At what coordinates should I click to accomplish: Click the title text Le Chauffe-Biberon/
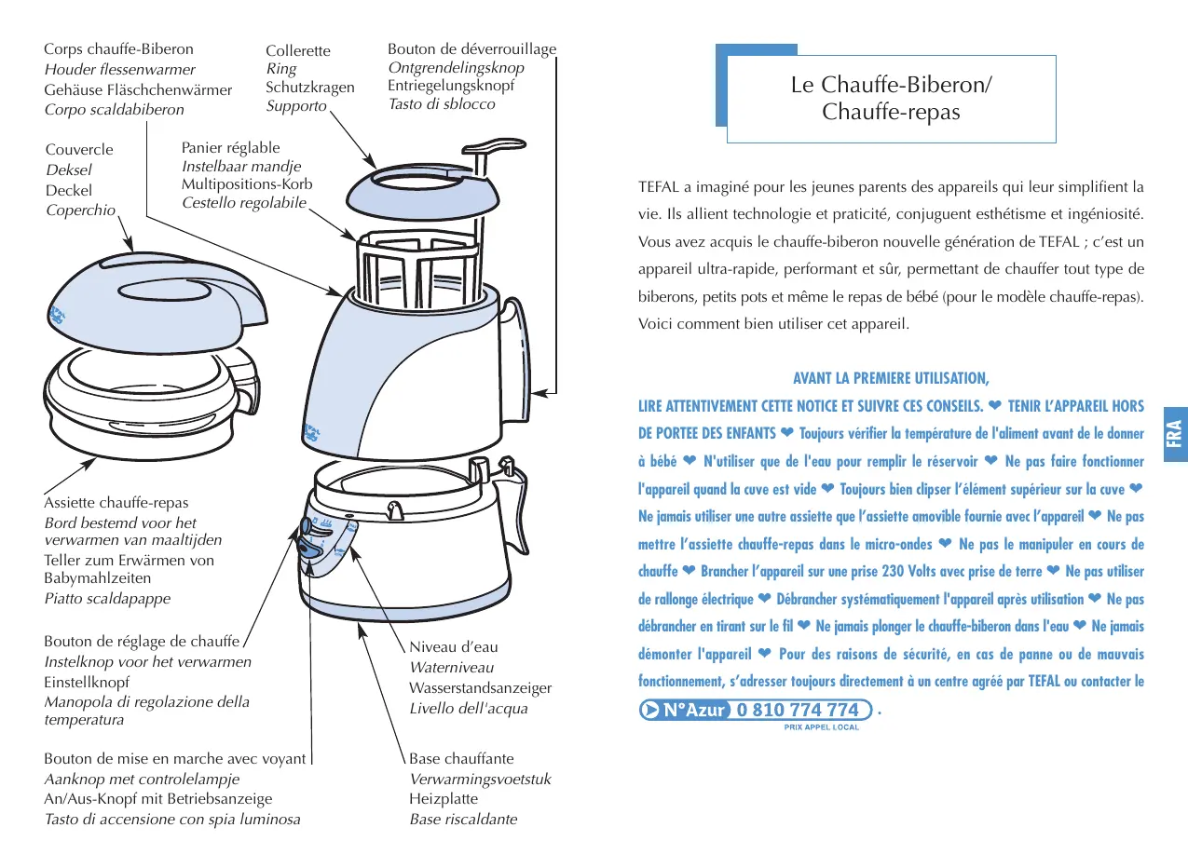891,85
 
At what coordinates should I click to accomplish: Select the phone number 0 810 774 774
798,710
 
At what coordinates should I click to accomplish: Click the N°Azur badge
683,710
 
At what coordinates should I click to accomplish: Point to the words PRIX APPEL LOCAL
820,727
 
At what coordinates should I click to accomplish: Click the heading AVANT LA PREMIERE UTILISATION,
890,378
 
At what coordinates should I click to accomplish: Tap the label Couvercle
79,150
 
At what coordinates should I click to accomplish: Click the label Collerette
298,51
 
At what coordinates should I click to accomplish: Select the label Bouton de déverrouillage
471,49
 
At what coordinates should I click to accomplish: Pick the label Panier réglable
230,147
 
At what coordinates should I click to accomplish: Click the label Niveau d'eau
453,647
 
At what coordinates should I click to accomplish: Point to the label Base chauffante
461,758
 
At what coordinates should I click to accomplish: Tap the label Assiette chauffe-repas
116,504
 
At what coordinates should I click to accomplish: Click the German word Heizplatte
444,799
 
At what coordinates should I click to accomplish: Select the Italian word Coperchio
81,210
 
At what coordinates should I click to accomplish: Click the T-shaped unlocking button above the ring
488,149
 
